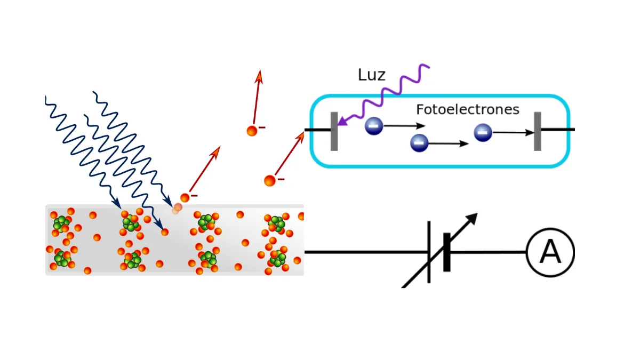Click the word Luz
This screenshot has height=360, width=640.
[x=371, y=75]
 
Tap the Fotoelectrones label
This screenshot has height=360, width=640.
[x=467, y=110]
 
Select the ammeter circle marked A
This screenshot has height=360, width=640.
[x=550, y=252]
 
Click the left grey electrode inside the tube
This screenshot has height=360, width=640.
[x=334, y=131]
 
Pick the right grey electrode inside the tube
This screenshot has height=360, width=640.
[x=538, y=131]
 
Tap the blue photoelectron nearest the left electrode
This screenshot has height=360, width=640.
[x=374, y=126]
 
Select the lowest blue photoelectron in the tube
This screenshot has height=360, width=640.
[x=419, y=142]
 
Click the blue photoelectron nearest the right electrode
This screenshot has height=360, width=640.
[x=483, y=132]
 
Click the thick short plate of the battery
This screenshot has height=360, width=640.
[x=447, y=252]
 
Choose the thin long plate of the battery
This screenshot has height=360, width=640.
[x=429, y=252]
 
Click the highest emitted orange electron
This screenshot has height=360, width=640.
[x=252, y=130]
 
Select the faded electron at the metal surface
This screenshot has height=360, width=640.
[x=177, y=209]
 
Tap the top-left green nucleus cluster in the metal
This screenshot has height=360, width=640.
[x=61, y=222]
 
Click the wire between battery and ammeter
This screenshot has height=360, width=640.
[x=488, y=252]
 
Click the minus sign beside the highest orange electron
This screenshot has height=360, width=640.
[x=262, y=128]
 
